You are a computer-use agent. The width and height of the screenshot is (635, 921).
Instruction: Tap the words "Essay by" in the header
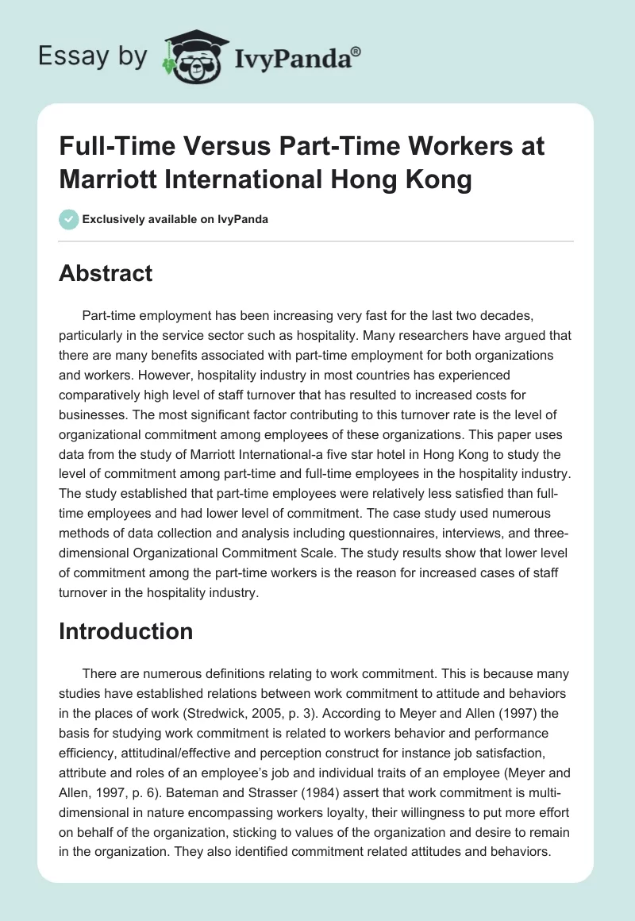pos(92,56)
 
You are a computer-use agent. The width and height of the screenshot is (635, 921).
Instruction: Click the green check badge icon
pos(70,219)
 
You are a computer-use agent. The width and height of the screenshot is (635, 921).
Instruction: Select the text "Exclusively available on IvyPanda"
pos(175,219)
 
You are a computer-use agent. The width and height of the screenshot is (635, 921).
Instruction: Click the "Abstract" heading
pos(106,273)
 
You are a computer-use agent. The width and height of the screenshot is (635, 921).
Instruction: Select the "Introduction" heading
pos(126,631)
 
